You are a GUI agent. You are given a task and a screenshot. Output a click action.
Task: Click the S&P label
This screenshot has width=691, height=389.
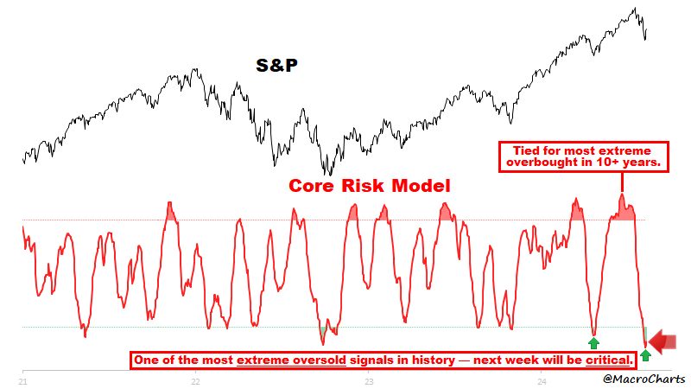coord(282,65)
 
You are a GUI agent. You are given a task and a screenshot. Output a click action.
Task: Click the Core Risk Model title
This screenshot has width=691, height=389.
coord(369,186)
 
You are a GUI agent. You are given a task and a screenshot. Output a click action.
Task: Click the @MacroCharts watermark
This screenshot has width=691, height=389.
coord(644,378)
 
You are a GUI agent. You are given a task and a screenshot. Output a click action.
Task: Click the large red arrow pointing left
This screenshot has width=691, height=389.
coord(663,342)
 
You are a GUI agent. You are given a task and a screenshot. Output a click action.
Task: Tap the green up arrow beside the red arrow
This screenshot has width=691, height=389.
coord(645,355)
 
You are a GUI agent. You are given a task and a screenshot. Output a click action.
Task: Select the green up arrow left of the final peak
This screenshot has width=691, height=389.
coord(594,342)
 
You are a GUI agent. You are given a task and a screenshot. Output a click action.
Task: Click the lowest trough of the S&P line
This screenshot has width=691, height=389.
coord(327,175)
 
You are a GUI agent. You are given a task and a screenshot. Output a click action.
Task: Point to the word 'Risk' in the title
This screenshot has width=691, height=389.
coord(368,186)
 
